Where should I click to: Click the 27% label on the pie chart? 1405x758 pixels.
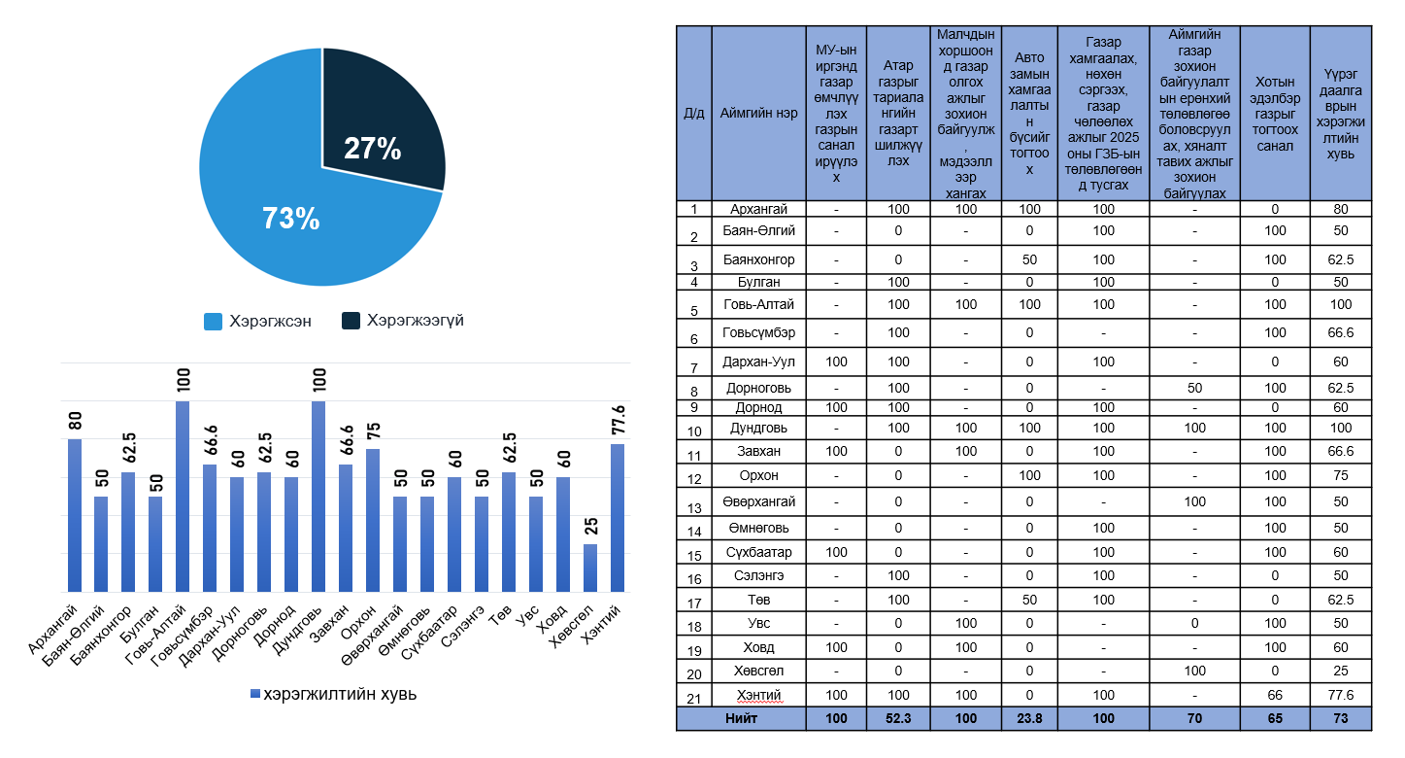click(x=373, y=149)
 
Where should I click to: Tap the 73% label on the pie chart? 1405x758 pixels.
click(x=290, y=219)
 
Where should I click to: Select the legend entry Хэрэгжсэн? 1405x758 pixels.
click(x=258, y=321)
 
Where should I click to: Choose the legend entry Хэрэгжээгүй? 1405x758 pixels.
click(x=403, y=321)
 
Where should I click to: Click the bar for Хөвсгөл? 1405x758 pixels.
click(x=590, y=567)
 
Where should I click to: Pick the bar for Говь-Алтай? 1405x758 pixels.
click(x=183, y=496)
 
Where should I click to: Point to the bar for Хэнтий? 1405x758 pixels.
click(x=618, y=517)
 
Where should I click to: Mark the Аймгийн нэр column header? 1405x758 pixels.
click(x=758, y=113)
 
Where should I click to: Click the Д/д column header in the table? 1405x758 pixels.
click(x=694, y=113)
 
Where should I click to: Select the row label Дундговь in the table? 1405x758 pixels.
click(x=758, y=428)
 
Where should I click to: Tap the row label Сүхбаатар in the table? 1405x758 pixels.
click(x=758, y=552)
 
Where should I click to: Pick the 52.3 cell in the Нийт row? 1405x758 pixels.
click(x=898, y=719)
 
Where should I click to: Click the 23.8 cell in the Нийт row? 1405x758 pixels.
click(x=1028, y=719)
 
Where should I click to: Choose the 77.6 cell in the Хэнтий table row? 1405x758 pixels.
click(x=1340, y=695)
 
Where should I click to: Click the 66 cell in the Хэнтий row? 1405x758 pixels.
click(x=1274, y=695)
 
